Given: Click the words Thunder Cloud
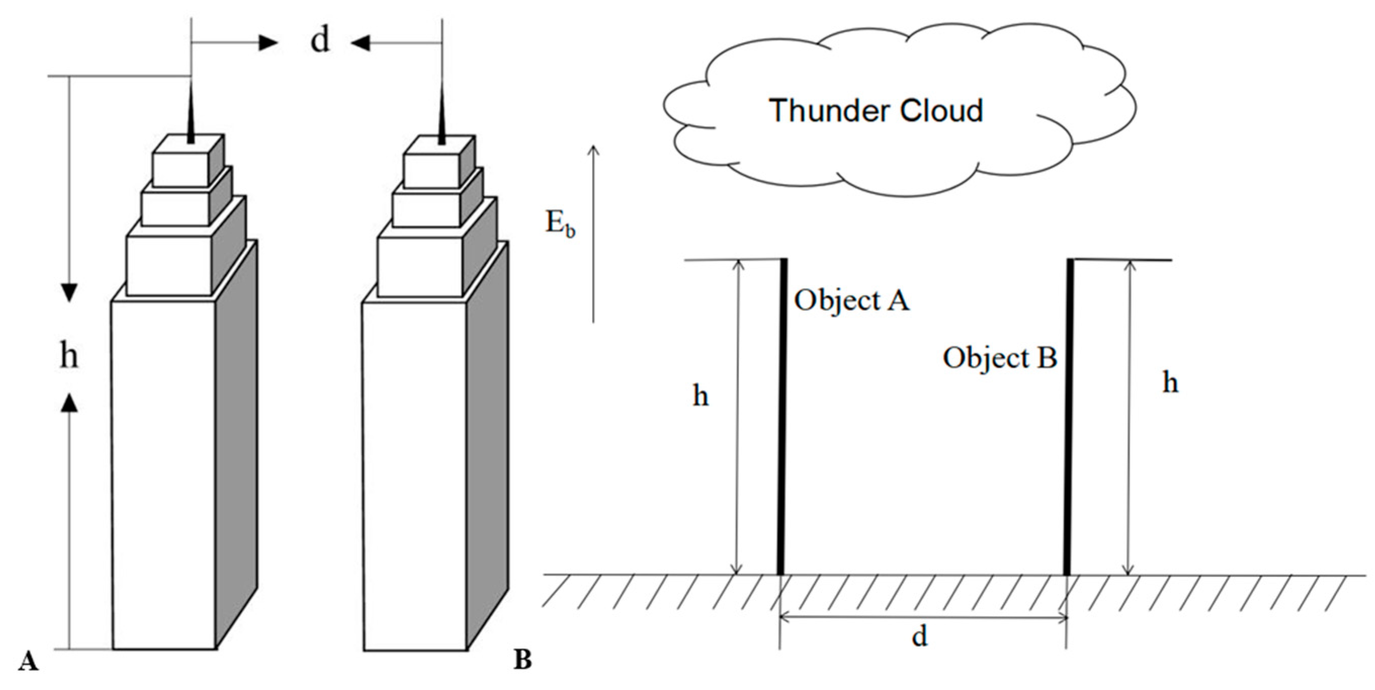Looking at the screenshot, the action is (x=876, y=111).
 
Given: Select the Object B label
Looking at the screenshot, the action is (x=1000, y=358).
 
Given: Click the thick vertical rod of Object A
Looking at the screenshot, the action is (x=782, y=417).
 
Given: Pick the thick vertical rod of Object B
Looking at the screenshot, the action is (x=1068, y=417).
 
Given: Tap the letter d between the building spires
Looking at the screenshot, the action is (x=320, y=39).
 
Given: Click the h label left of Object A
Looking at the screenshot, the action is (x=700, y=396).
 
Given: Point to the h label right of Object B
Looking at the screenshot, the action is (x=1170, y=382).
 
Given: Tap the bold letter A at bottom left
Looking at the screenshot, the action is (x=28, y=661).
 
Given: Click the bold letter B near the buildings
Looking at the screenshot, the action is (x=523, y=661).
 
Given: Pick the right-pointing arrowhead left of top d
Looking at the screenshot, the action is (x=269, y=43).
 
